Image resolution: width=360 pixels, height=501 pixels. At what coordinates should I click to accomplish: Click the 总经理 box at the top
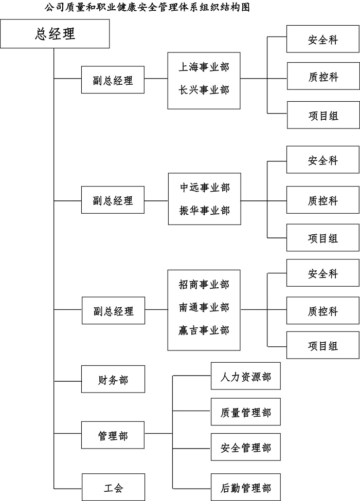[x=55, y=34]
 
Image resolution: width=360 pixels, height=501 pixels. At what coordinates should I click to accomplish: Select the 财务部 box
[x=113, y=381]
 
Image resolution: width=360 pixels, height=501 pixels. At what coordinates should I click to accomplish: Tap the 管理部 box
[x=113, y=436]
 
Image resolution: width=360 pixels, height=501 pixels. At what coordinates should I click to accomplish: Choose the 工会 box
[x=113, y=487]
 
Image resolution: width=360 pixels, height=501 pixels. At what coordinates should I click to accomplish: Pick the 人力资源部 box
[x=245, y=377]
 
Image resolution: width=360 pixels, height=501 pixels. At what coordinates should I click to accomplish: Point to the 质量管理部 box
[x=245, y=412]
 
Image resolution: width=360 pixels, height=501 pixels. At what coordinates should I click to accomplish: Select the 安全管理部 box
[x=245, y=448]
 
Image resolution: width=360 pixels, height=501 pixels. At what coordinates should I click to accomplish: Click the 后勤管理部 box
[x=245, y=487]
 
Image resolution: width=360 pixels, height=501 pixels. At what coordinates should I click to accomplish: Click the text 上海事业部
[x=204, y=67]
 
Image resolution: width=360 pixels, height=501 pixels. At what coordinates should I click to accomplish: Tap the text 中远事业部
[x=204, y=188]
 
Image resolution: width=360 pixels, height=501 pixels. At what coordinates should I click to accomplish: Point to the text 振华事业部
[x=204, y=211]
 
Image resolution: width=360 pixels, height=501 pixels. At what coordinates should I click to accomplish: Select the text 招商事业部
[x=204, y=284]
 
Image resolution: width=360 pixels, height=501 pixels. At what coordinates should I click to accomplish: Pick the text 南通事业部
[x=204, y=307]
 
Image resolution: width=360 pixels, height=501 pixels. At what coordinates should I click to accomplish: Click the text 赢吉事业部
[x=204, y=330]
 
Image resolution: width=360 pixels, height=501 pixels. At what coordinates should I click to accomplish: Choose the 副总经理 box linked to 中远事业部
[x=113, y=200]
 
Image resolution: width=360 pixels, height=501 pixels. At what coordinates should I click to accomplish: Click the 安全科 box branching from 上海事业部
[x=322, y=40]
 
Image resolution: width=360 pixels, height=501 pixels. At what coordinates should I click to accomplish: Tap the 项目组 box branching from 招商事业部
[x=322, y=345]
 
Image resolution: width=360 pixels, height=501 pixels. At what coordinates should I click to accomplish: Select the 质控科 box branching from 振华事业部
[x=322, y=200]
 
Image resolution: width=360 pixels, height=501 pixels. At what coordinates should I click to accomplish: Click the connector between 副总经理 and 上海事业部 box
[x=156, y=79]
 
